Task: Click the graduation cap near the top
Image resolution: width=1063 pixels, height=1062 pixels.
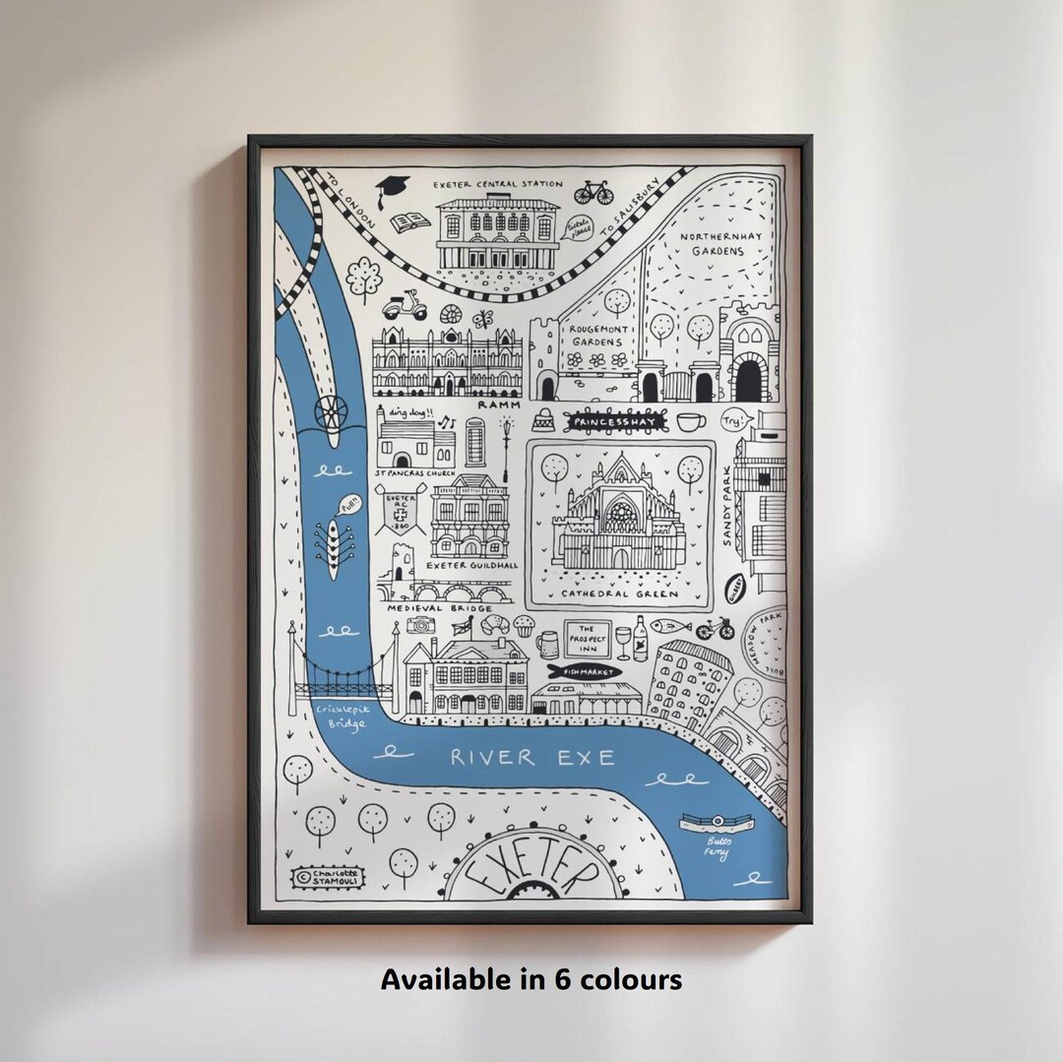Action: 392,190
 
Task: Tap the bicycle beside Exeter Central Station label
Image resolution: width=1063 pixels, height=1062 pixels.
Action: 594,191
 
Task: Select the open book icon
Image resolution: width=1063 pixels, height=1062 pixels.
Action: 409,223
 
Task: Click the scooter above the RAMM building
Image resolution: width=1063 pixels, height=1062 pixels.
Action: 404,306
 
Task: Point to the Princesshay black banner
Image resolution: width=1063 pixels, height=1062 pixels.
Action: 616,422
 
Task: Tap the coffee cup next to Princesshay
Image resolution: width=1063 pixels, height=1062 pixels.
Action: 690,421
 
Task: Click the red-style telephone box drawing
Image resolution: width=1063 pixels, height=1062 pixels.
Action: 475,441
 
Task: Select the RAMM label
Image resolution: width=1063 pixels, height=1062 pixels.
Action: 498,405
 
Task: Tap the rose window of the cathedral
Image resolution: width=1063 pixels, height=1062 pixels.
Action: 620,513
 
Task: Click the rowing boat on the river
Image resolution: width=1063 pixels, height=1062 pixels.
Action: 334,547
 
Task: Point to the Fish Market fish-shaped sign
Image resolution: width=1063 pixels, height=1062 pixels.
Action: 583,671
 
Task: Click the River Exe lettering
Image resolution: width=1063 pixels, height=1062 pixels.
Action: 532,757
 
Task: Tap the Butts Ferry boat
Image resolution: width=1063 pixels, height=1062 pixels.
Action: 717,823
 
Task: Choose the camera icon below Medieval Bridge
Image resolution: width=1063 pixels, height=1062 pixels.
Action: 421,624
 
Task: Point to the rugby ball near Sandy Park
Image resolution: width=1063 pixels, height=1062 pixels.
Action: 734,588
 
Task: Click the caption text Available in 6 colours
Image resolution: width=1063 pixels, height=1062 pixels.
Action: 531,979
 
